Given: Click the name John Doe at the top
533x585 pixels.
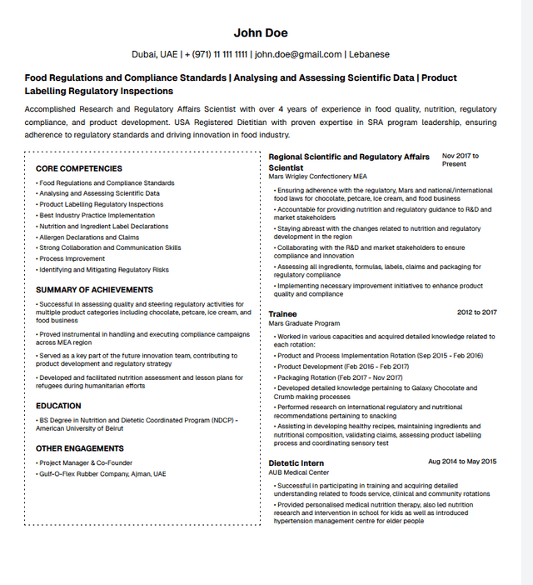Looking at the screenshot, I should (x=261, y=32).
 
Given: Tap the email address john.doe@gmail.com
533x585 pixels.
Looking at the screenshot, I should (x=298, y=55).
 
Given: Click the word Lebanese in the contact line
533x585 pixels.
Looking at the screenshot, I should (x=369, y=55).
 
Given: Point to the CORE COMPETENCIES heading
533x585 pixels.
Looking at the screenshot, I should (x=79, y=168).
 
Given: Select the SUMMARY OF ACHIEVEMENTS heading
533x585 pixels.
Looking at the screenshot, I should (x=94, y=290).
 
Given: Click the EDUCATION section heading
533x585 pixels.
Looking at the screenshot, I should (x=58, y=406).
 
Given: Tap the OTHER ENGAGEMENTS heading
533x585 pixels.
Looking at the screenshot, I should (x=79, y=448).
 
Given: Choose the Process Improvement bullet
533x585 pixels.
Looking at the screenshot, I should (x=72, y=258).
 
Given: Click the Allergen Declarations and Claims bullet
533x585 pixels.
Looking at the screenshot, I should (x=89, y=237).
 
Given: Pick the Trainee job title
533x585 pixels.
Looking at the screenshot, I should (x=282, y=313).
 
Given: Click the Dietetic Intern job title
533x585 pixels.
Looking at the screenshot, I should (x=296, y=462).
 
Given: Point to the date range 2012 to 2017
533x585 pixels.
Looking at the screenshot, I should (x=476, y=312).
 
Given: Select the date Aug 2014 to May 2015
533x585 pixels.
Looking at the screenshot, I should (x=462, y=462).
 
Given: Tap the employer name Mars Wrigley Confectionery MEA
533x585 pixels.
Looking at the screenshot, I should (x=317, y=177).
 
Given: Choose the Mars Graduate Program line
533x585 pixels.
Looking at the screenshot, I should (x=304, y=323).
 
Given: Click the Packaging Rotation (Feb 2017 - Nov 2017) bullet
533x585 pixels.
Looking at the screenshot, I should (x=340, y=377).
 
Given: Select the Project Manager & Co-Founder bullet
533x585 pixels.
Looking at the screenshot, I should (x=86, y=462).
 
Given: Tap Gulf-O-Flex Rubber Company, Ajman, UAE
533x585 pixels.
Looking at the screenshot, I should (x=102, y=473).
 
